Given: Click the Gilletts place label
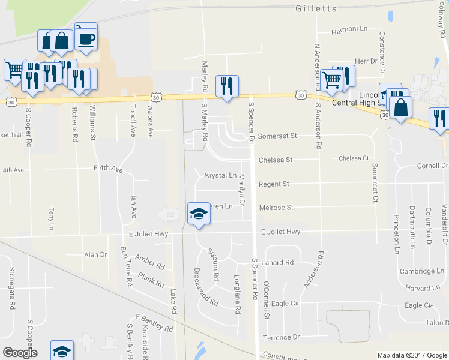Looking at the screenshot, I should (313, 8).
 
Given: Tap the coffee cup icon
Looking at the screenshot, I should (87, 40).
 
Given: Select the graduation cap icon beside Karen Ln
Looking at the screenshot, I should (199, 214).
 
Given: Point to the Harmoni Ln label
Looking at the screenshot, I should (350, 29).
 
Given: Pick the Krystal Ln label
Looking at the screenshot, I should (221, 176).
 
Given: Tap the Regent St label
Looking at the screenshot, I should (274, 184).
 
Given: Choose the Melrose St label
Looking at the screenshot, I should (276, 208).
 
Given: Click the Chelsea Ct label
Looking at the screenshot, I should (353, 158).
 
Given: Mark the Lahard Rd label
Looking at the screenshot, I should (277, 262).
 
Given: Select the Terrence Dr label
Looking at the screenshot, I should (281, 337).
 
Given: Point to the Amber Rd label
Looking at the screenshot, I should (149, 261).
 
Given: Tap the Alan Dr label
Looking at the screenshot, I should (95, 255).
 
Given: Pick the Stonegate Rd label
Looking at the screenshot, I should (11, 289).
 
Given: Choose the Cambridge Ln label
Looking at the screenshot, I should (423, 271).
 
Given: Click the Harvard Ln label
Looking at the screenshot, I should (419, 288).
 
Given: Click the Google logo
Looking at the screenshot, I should (20, 353).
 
